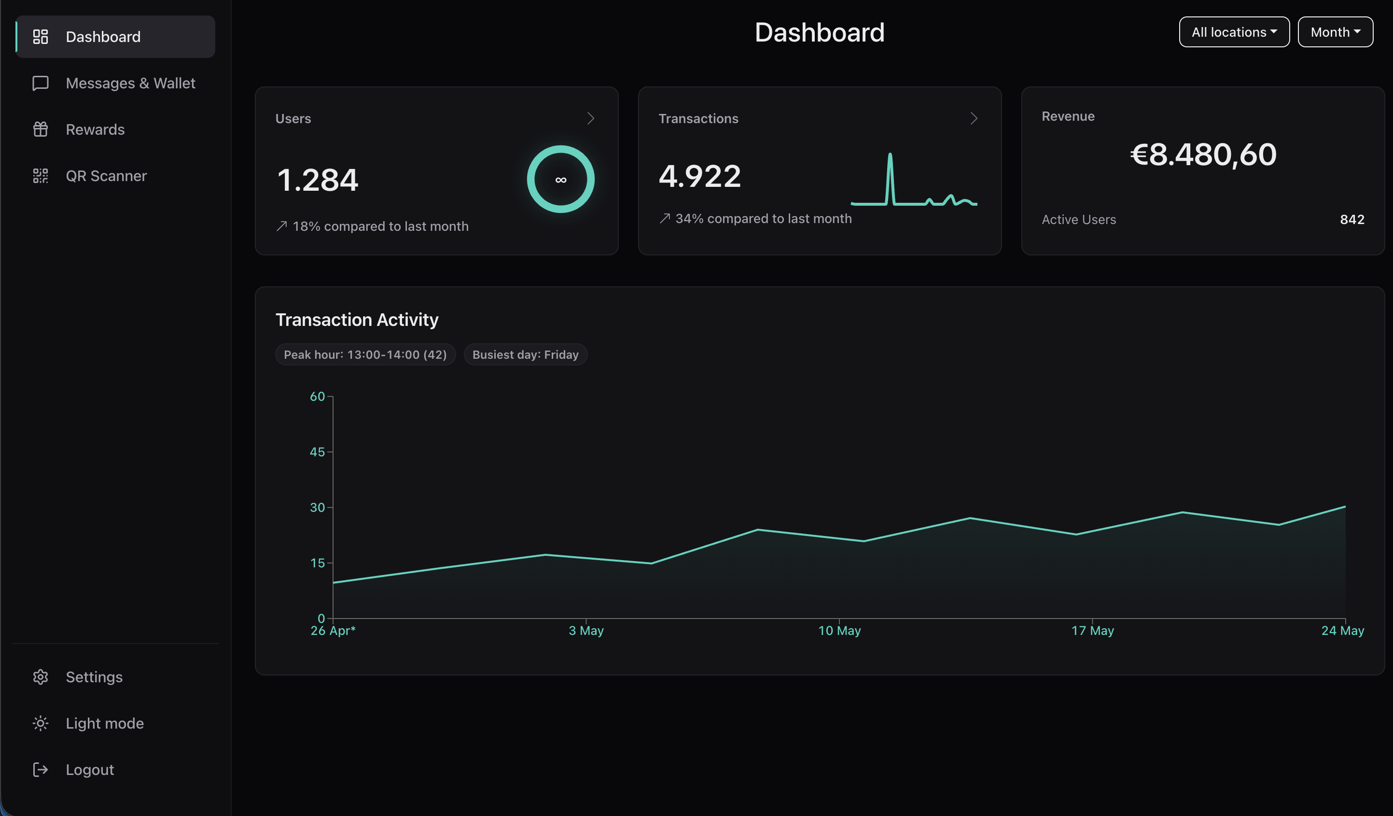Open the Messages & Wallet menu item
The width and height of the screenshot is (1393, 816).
pos(130,83)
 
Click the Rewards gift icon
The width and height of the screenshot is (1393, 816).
pos(41,129)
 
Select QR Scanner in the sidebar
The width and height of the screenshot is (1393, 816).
pos(106,176)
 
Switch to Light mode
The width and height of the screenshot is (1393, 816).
pos(104,723)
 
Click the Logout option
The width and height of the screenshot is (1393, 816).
pos(90,770)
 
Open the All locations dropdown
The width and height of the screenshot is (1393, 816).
pos(1234,32)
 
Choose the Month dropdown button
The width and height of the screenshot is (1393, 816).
pos(1335,32)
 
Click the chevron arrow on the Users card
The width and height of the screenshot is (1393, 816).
pos(590,118)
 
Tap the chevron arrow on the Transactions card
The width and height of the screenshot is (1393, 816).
pos(974,118)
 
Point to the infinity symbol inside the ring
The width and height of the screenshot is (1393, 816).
pos(560,180)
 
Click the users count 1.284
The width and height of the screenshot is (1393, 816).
pos(318,180)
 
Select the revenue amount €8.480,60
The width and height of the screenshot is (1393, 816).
pos(1203,154)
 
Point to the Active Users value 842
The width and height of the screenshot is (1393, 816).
pos(1352,220)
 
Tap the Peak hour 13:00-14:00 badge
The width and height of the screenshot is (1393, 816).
pos(365,354)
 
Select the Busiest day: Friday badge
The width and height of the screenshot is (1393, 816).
pos(525,354)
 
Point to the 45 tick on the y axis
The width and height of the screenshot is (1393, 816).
pos(317,451)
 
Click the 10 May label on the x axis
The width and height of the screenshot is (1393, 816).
pos(839,630)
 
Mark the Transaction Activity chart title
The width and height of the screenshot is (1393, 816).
pos(357,320)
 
